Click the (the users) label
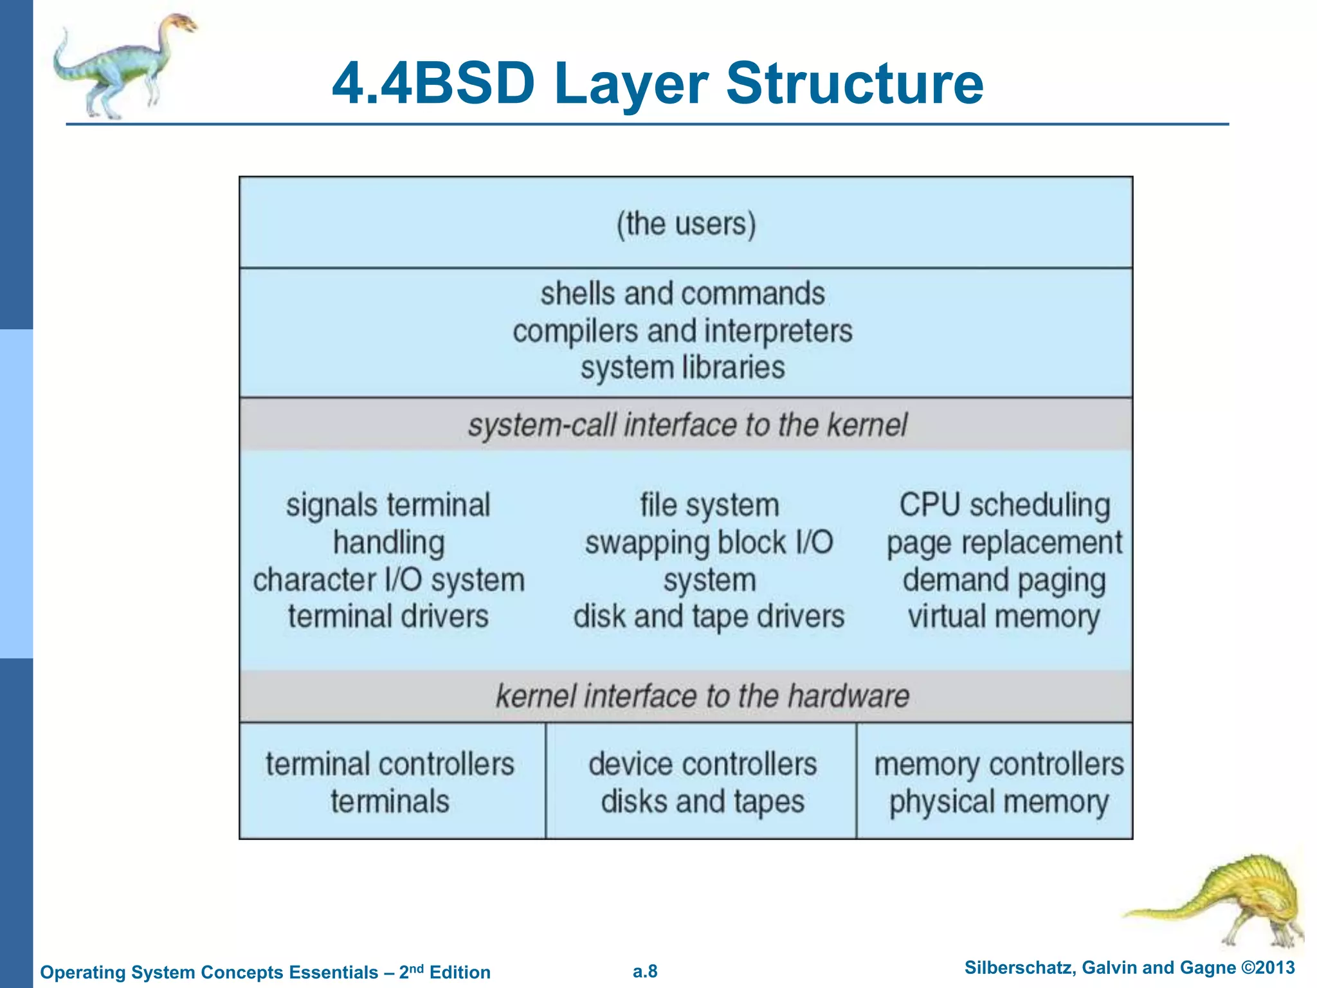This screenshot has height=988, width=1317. click(x=686, y=224)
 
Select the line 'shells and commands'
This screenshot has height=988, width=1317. click(x=682, y=294)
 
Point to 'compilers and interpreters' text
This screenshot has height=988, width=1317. click(x=682, y=331)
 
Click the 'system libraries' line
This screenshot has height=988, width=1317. click(x=682, y=368)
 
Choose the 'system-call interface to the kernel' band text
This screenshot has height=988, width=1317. click(x=687, y=425)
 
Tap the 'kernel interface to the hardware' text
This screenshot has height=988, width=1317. click(x=702, y=697)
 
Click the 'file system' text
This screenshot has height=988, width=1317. click(x=709, y=506)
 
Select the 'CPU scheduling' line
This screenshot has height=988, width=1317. click(x=1004, y=506)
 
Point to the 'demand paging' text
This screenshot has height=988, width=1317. click(x=1004, y=580)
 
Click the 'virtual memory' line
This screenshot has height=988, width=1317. click(x=1004, y=617)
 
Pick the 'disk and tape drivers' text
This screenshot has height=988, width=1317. click(x=709, y=617)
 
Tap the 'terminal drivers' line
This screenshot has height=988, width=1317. click(x=388, y=617)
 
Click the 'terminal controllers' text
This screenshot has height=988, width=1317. click(x=390, y=765)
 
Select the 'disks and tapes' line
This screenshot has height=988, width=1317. click(x=702, y=802)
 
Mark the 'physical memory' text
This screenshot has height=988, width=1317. click(x=999, y=802)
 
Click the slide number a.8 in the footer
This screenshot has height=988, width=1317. click(x=645, y=971)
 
